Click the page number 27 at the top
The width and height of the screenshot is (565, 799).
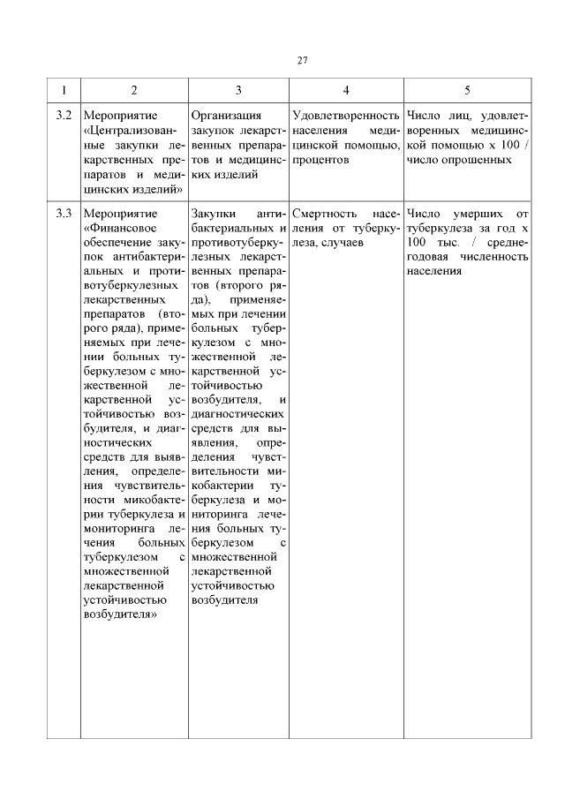click(302, 60)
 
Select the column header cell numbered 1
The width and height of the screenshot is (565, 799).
click(63, 90)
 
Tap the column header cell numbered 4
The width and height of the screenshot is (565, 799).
click(345, 90)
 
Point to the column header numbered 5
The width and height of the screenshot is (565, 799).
click(467, 90)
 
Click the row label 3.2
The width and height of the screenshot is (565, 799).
click(63, 115)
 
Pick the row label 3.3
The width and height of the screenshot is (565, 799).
click(63, 214)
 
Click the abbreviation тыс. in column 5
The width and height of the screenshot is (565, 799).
click(441, 243)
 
